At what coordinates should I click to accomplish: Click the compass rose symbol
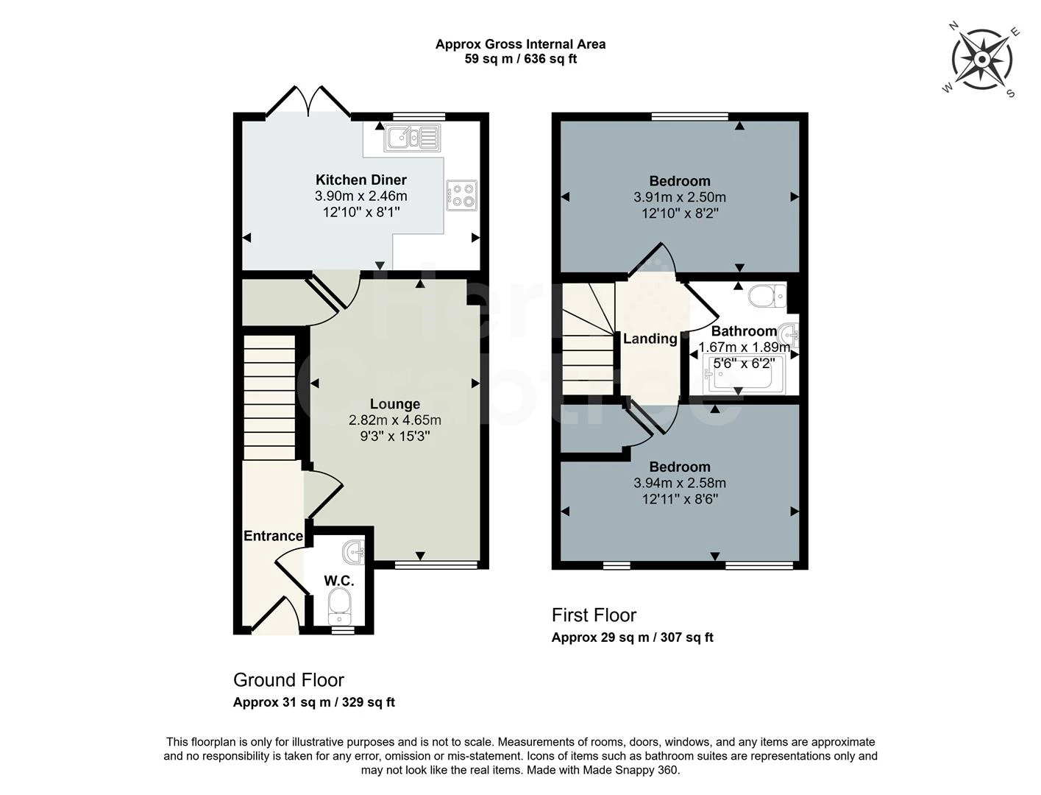981,59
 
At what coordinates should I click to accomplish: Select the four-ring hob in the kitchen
461,195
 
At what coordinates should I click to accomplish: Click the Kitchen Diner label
360,180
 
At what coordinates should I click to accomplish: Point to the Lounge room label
395,404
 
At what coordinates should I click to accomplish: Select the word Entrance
273,536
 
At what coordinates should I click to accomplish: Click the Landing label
650,339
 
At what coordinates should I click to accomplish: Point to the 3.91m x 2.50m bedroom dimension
679,197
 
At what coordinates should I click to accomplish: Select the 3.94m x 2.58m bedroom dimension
679,483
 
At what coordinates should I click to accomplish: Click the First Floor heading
594,615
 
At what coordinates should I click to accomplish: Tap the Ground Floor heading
288,679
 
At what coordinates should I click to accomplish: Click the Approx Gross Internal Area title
520,44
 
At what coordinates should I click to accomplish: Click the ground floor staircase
269,397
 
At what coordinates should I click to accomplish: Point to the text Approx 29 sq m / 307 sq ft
632,637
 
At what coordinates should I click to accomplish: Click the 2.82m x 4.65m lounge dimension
395,420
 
